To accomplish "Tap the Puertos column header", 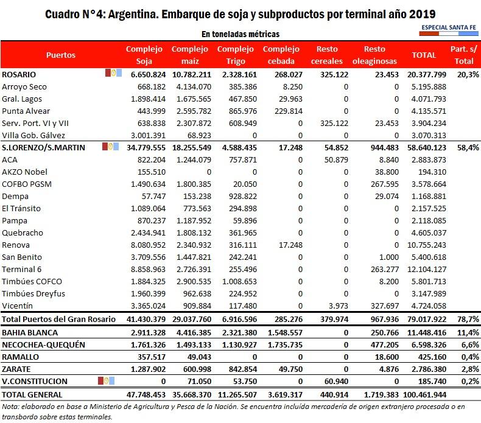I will tap(61, 55).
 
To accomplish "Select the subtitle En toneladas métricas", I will tap(240, 34).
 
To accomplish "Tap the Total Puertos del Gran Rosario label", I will tap(59, 318).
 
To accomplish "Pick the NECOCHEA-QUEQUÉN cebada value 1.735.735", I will tap(281, 344).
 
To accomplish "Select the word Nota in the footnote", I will tap(10, 407).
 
